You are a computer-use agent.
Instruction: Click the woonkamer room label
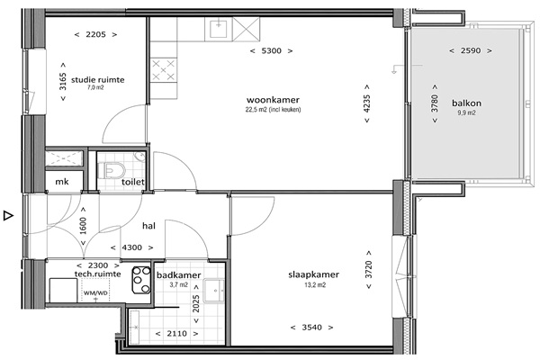273,100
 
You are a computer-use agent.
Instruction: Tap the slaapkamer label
314,274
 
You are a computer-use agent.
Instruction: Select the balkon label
466,103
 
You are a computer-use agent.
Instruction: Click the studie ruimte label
98,80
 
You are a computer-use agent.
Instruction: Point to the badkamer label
179,275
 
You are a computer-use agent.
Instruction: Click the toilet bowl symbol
112,171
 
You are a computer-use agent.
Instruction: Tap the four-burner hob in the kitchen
163,70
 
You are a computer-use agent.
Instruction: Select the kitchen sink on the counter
219,28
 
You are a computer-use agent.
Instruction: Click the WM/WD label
95,293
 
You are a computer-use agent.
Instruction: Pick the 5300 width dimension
272,51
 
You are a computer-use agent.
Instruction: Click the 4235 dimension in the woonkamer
367,103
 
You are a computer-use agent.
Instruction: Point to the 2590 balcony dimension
471,50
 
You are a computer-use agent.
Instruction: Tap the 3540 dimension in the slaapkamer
312,328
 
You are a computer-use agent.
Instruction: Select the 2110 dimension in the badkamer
177,334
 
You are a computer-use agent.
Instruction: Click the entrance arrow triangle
8,216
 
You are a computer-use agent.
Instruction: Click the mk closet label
62,182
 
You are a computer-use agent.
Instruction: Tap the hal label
148,226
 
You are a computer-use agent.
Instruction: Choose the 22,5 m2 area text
273,110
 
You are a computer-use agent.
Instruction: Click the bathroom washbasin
214,291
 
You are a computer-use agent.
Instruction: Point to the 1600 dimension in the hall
83,226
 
